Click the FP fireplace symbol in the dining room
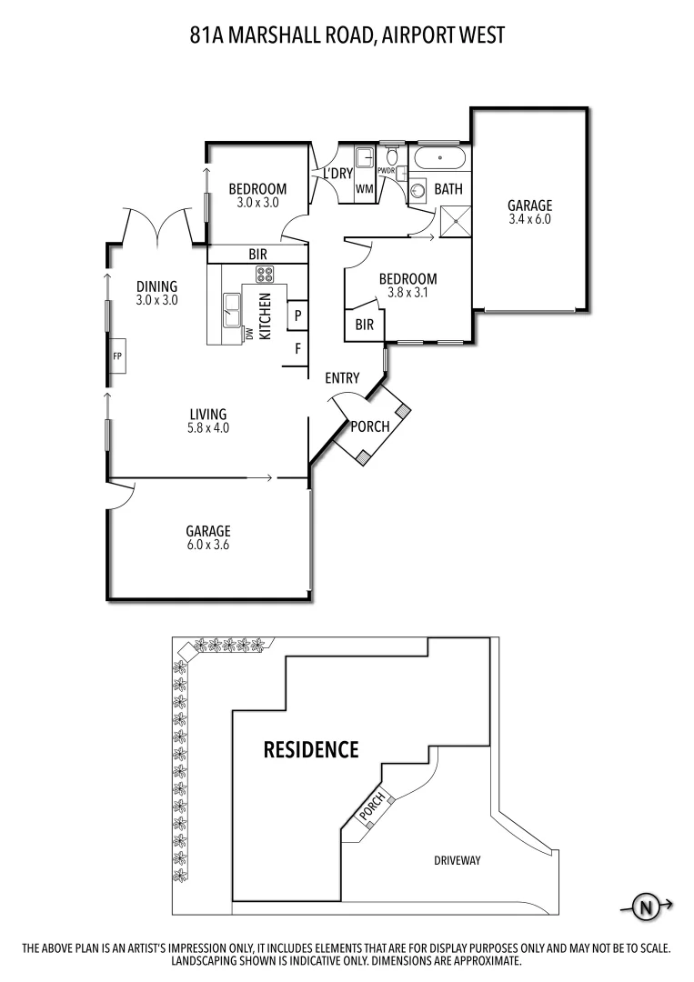tap(117, 356)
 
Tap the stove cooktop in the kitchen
tap(265, 275)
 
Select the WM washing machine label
tap(364, 189)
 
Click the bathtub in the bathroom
tap(440, 160)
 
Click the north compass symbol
tap(647, 906)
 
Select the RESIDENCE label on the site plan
tap(310, 750)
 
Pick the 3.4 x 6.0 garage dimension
tap(529, 219)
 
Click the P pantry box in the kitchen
tap(297, 316)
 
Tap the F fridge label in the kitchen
tap(297, 348)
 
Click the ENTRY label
tap(342, 378)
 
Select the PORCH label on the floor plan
tap(370, 426)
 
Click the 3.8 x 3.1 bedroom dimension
tap(407, 294)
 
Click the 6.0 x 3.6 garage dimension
tap(208, 546)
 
